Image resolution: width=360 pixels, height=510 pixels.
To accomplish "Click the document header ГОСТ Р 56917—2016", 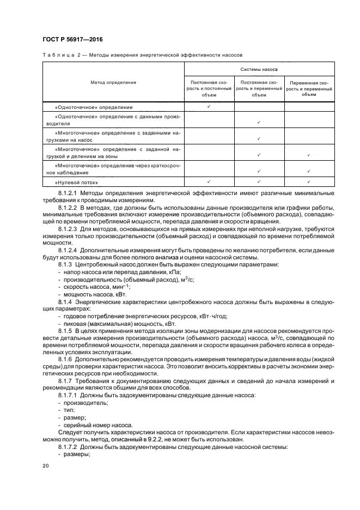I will coord(72,40).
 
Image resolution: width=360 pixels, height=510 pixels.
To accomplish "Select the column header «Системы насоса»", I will coord(259,70).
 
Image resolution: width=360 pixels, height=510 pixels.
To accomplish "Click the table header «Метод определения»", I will coord(113,82).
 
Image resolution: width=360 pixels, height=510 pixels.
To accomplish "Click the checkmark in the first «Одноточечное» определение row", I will coord(209,107).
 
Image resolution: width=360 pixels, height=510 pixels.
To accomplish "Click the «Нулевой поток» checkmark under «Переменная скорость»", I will coord(309,183).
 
